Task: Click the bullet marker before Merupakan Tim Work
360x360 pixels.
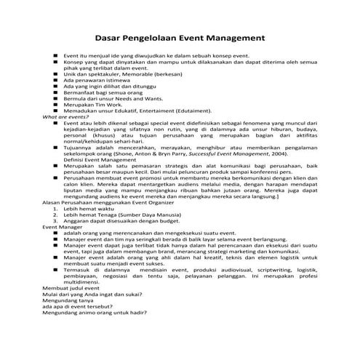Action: coord(55,104)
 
